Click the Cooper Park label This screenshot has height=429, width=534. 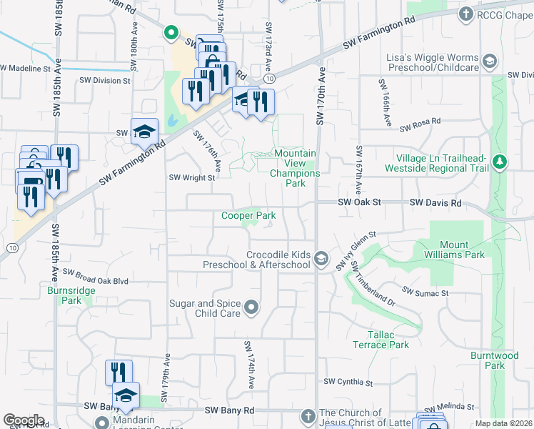click(248, 215)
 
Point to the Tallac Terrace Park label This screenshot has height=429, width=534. click(380, 340)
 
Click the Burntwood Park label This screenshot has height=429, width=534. click(493, 360)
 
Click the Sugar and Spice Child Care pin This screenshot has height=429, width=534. click(251, 308)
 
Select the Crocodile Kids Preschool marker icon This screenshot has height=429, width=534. click(322, 257)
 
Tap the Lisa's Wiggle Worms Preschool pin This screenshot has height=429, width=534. click(489, 61)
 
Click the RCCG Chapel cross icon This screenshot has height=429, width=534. click(466, 14)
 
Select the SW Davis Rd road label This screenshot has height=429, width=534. click(435, 203)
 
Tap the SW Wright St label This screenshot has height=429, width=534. click(191, 178)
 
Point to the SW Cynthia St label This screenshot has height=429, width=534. click(348, 383)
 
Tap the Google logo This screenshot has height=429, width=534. click(24, 420)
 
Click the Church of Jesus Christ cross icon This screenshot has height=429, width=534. click(308, 415)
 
